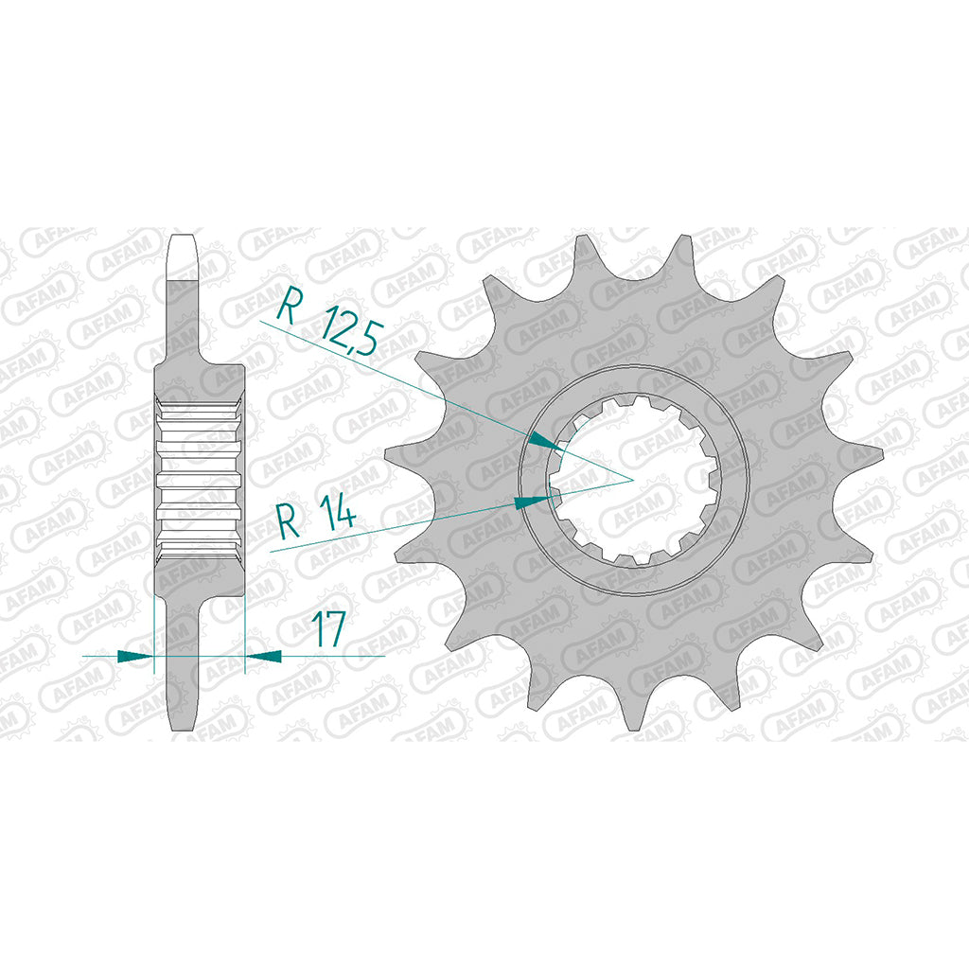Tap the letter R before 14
289,521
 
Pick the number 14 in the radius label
340,515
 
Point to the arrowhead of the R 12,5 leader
546,442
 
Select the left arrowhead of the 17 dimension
134,657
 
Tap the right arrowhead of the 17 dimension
264,657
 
